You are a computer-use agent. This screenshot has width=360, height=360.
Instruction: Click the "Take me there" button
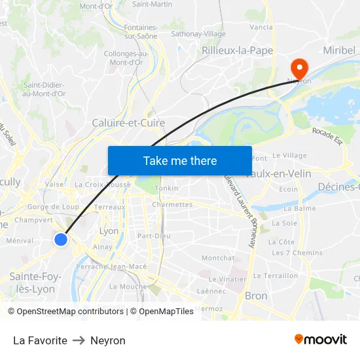179,160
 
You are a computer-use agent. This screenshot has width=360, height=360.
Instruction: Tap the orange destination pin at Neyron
300,67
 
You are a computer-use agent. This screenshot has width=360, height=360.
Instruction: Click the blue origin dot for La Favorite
61,240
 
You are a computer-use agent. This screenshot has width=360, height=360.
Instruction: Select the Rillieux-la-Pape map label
237,50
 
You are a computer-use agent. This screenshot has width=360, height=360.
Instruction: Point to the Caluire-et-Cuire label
128,122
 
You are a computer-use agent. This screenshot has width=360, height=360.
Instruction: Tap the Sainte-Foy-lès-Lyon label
35,283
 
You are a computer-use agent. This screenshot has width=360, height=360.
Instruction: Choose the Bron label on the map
256,296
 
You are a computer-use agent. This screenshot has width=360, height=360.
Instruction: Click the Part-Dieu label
154,236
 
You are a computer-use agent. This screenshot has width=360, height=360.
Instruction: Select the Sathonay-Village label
198,34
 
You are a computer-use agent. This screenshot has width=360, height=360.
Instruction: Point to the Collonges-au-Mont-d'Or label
126,58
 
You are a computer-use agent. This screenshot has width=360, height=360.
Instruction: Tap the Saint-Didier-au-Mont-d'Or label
45,89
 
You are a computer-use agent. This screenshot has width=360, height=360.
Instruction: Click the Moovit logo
321,340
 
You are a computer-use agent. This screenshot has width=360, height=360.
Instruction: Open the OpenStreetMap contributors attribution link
69,312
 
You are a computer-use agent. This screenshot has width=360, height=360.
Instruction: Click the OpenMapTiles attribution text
162,312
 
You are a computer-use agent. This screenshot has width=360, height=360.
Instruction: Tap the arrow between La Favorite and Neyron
79,340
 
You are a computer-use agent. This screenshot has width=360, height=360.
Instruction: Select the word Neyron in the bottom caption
108,340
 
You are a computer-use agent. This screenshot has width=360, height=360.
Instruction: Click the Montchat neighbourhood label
217,259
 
